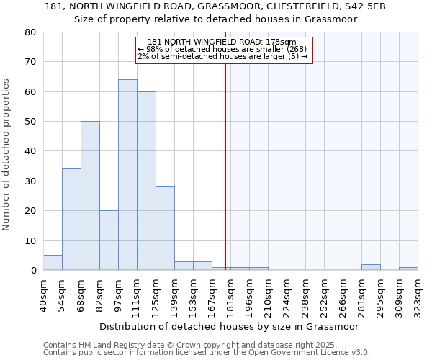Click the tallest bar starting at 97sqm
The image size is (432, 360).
(127, 175)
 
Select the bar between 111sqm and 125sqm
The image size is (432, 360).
(146, 181)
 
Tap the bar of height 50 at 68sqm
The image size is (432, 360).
(90, 196)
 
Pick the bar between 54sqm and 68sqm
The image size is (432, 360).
(71, 220)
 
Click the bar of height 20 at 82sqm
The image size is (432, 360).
(109, 240)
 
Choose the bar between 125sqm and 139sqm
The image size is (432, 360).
(165, 228)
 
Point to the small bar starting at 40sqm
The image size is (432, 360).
(53, 263)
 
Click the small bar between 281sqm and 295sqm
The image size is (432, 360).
(371, 267)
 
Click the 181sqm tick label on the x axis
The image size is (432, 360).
(231, 295)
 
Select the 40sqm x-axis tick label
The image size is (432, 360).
(44, 295)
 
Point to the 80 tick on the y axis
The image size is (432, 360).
(30, 32)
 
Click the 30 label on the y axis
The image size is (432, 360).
(30, 181)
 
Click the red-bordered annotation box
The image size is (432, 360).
(224, 50)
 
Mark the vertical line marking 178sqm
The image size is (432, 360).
(225, 158)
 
